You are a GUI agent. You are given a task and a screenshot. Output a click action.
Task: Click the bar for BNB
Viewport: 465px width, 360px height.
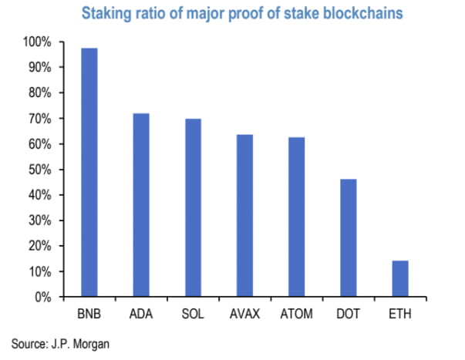point(90,173)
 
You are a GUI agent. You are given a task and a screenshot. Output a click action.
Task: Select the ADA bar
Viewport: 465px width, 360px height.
point(140,205)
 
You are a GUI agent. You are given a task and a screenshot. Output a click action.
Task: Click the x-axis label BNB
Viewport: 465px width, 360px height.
point(90,315)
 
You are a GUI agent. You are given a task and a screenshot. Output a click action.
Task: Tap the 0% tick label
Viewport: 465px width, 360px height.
point(43,297)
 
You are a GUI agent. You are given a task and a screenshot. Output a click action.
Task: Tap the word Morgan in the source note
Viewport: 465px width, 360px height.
point(93,343)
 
